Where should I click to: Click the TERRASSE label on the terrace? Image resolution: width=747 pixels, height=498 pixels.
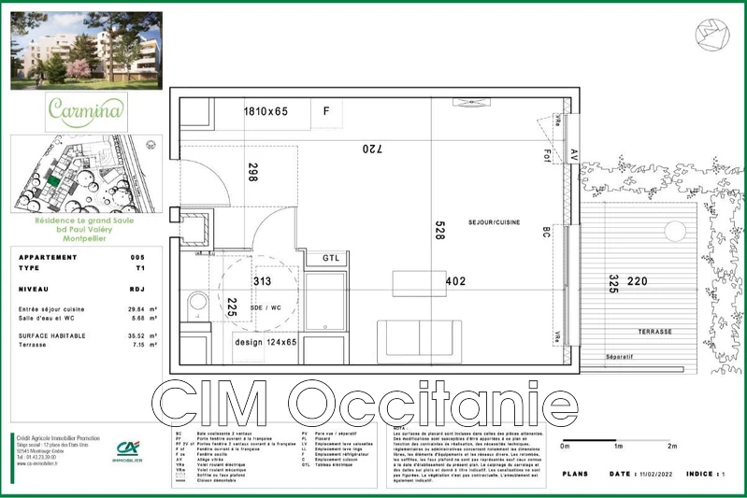tap(654, 332)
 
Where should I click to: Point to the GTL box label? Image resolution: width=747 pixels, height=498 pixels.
tap(332, 258)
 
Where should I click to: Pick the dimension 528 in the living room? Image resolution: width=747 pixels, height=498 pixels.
tap(438, 231)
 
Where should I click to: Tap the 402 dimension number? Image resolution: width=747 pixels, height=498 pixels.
tap(455, 280)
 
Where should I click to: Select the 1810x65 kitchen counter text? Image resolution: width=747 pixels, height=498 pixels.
tap(266, 111)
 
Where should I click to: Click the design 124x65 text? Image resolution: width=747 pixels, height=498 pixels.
tap(266, 343)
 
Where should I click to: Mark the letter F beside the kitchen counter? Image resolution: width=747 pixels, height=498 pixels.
tap(326, 111)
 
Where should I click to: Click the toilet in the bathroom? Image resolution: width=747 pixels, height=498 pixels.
tap(196, 303)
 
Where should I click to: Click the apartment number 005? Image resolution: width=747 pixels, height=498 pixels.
tap(138, 257)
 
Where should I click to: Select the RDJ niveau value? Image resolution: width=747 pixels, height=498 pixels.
tap(138, 290)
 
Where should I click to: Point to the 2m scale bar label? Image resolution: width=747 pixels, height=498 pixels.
tap(671, 448)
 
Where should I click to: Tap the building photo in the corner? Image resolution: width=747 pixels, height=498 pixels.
tap(86, 50)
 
